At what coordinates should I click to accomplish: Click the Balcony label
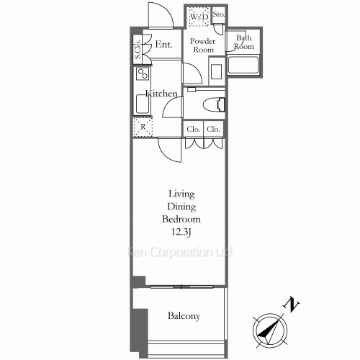point(184,316)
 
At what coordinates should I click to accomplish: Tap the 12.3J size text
point(184,231)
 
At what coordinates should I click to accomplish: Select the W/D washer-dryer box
point(199,16)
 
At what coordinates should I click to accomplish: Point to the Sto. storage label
point(219,14)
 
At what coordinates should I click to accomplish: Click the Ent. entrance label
point(163,45)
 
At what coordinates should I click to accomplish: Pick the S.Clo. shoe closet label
point(137,50)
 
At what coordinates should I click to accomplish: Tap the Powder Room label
point(202,45)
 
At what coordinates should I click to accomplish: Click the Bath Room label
point(244,42)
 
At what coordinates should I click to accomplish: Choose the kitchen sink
point(142,104)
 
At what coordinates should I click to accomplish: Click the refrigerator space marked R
point(143,127)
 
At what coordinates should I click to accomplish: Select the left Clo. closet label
point(193,130)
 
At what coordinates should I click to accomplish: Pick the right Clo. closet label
point(213,130)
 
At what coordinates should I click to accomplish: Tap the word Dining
point(184,206)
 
